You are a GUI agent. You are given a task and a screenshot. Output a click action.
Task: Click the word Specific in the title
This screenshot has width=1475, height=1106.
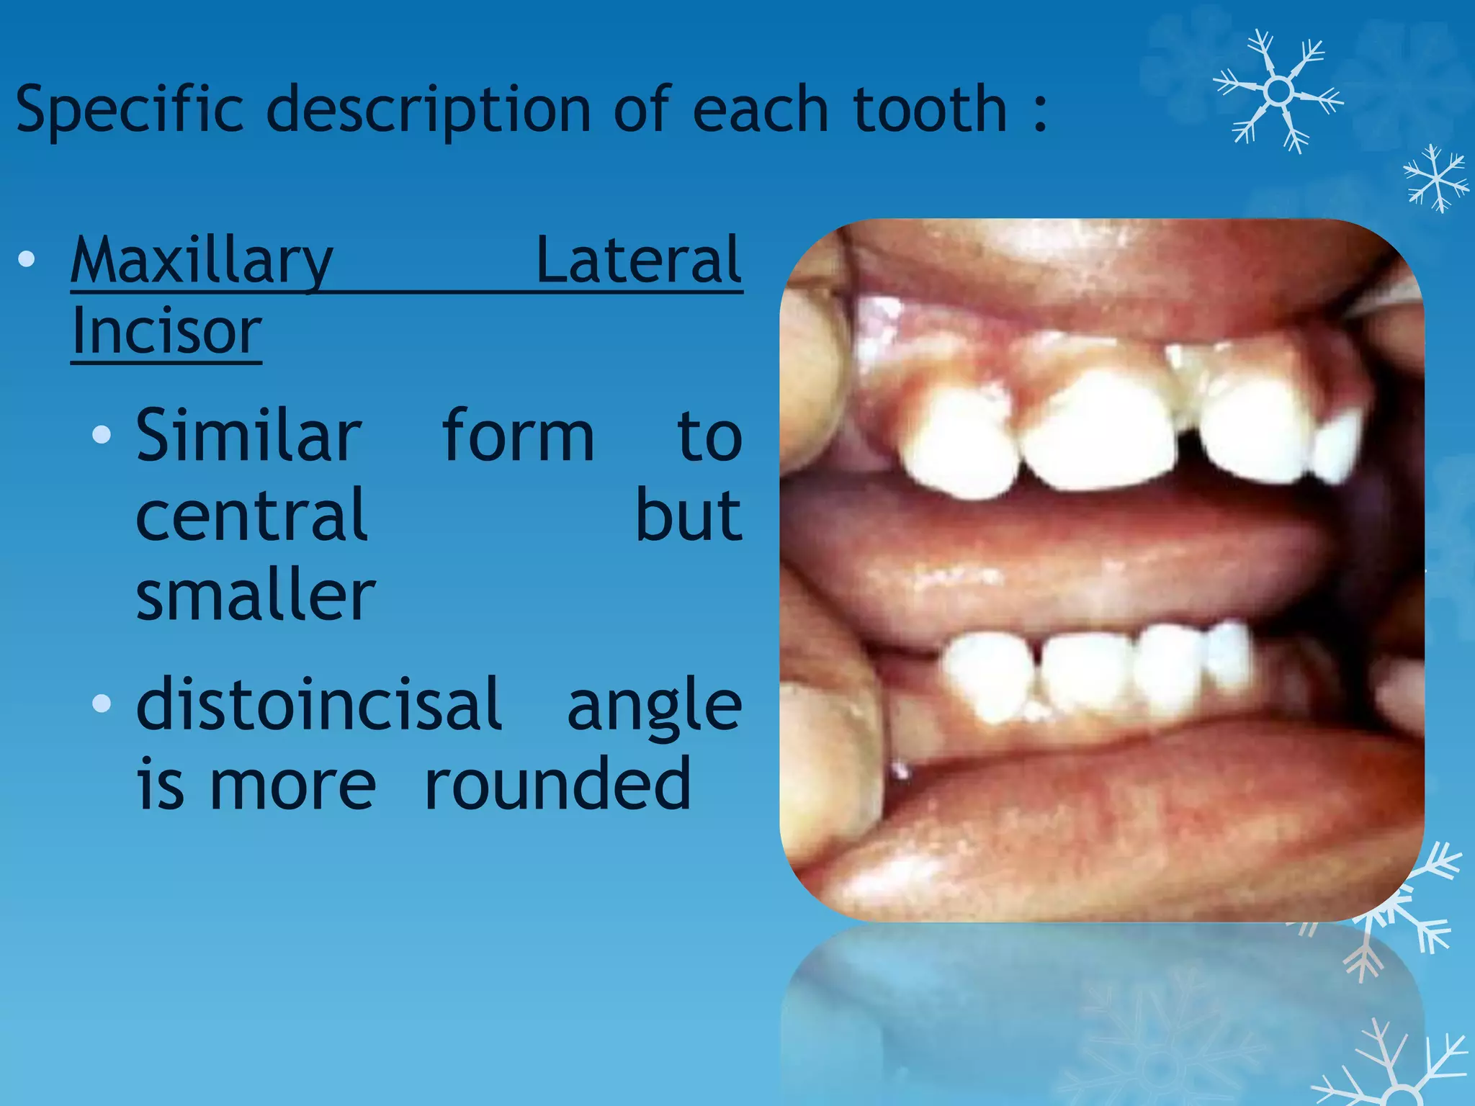130,109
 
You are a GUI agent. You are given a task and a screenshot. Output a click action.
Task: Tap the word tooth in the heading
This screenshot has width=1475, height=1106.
930,109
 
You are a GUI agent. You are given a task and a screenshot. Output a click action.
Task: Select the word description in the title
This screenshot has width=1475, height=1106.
429,109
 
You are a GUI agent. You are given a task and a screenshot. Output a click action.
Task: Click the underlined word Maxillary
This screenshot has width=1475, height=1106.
202,261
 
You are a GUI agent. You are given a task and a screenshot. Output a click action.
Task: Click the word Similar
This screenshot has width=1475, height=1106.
248,436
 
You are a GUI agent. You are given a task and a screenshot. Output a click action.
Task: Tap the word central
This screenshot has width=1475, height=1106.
251,516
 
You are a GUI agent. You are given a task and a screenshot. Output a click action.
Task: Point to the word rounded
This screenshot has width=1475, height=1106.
557,783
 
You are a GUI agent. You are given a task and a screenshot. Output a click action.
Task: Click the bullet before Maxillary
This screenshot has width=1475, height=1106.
27,259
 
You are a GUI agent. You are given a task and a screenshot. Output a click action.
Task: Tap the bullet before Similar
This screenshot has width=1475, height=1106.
102,434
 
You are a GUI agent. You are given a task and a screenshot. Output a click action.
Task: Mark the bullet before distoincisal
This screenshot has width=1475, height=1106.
102,703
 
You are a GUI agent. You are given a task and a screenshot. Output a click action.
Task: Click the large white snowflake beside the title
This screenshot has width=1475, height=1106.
1278,91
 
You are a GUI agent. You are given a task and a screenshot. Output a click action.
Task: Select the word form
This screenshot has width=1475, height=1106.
518,436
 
